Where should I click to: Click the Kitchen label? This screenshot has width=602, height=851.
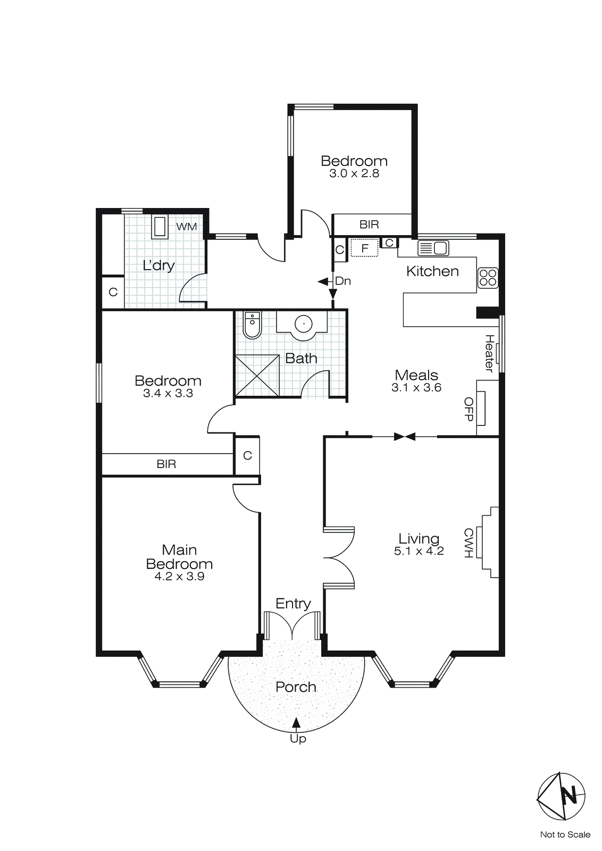click(x=432, y=271)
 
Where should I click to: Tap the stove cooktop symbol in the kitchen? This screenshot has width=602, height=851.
click(x=488, y=278)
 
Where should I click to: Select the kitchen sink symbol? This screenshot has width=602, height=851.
click(x=433, y=248)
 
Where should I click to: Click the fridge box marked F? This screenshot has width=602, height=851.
click(x=365, y=248)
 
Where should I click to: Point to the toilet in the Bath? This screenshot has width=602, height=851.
click(x=252, y=325)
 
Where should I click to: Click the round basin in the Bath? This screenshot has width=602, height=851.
click(x=304, y=323)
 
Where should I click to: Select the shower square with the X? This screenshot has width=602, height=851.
click(x=257, y=376)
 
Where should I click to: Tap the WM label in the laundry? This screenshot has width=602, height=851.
click(x=187, y=227)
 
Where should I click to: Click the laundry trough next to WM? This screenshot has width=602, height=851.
click(x=160, y=227)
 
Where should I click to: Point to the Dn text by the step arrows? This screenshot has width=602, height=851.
click(x=343, y=281)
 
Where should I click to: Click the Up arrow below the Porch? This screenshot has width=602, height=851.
click(x=296, y=722)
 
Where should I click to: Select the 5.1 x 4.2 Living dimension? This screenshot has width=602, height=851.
click(x=419, y=551)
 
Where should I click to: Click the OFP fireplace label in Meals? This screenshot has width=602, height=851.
click(x=469, y=409)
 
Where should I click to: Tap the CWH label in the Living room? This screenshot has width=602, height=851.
click(x=468, y=543)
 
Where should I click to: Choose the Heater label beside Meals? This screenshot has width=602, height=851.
click(x=489, y=353)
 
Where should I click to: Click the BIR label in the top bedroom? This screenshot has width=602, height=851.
click(x=369, y=224)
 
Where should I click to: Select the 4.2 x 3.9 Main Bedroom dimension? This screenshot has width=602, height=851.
click(x=179, y=577)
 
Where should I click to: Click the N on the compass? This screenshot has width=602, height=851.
click(x=569, y=796)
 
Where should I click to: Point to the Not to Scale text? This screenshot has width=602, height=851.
click(x=565, y=835)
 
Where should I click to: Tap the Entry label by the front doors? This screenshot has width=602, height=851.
click(x=293, y=604)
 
